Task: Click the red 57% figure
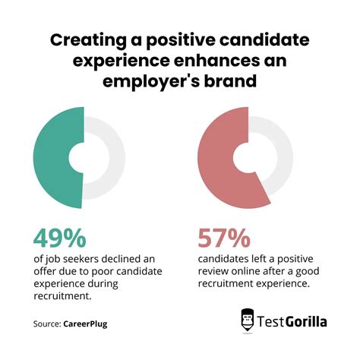coord(223,238)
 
